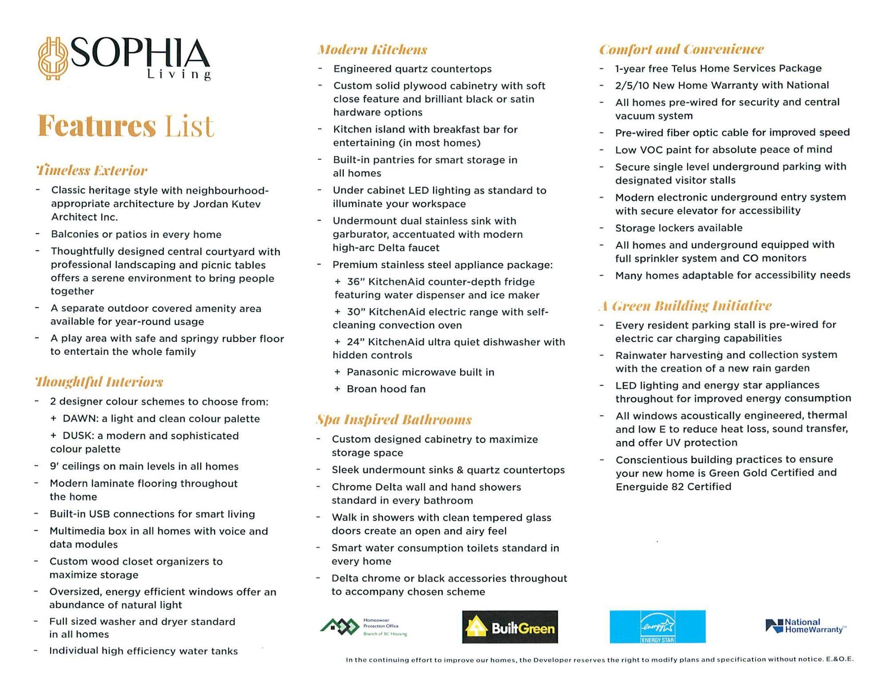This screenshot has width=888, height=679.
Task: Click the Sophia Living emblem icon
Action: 53,58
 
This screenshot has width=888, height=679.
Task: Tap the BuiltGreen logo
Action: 510,627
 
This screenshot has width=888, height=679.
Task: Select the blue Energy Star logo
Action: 657,627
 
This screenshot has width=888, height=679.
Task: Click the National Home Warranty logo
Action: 805,626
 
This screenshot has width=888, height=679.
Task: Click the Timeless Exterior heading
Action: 91,170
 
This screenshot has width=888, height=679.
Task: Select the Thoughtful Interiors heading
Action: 99,381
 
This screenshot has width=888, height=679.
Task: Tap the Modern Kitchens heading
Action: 372,49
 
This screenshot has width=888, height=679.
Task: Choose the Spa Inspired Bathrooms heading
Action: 393,419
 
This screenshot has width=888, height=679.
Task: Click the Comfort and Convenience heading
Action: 681,49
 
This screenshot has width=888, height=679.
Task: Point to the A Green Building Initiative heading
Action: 685,306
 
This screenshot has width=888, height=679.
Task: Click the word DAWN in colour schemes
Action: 80,419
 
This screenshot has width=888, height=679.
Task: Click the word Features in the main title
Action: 97,126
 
